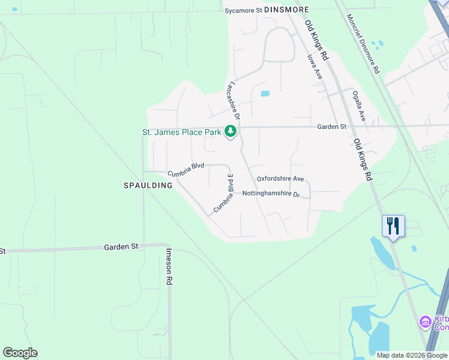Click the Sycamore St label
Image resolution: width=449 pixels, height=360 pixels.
coord(244,10)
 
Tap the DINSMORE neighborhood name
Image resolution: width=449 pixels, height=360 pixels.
coord(286,10)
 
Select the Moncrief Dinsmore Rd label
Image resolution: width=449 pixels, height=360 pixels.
coord(363,44)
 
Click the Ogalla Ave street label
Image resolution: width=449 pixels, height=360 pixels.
coord(358,107)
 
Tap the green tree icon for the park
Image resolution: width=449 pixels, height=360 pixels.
coord(231,131)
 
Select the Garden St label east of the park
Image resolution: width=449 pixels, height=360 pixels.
coord(332,127)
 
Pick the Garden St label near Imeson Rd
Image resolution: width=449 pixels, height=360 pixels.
coord(121,247)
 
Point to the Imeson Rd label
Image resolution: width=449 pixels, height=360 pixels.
coord(169,266)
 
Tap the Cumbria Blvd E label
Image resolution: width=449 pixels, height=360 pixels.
coord(223,193)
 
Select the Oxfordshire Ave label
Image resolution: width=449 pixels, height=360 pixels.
coord(280,179)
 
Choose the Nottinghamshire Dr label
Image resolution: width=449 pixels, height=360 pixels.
coord(270,194)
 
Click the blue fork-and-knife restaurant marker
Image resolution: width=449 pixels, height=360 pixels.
coord(393,226)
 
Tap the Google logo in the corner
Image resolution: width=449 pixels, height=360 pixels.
coord(20,353)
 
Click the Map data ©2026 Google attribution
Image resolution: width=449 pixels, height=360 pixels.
coord(412,355)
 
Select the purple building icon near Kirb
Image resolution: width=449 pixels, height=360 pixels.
coord(425,322)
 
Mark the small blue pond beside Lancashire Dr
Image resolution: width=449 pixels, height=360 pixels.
coord(265,94)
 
